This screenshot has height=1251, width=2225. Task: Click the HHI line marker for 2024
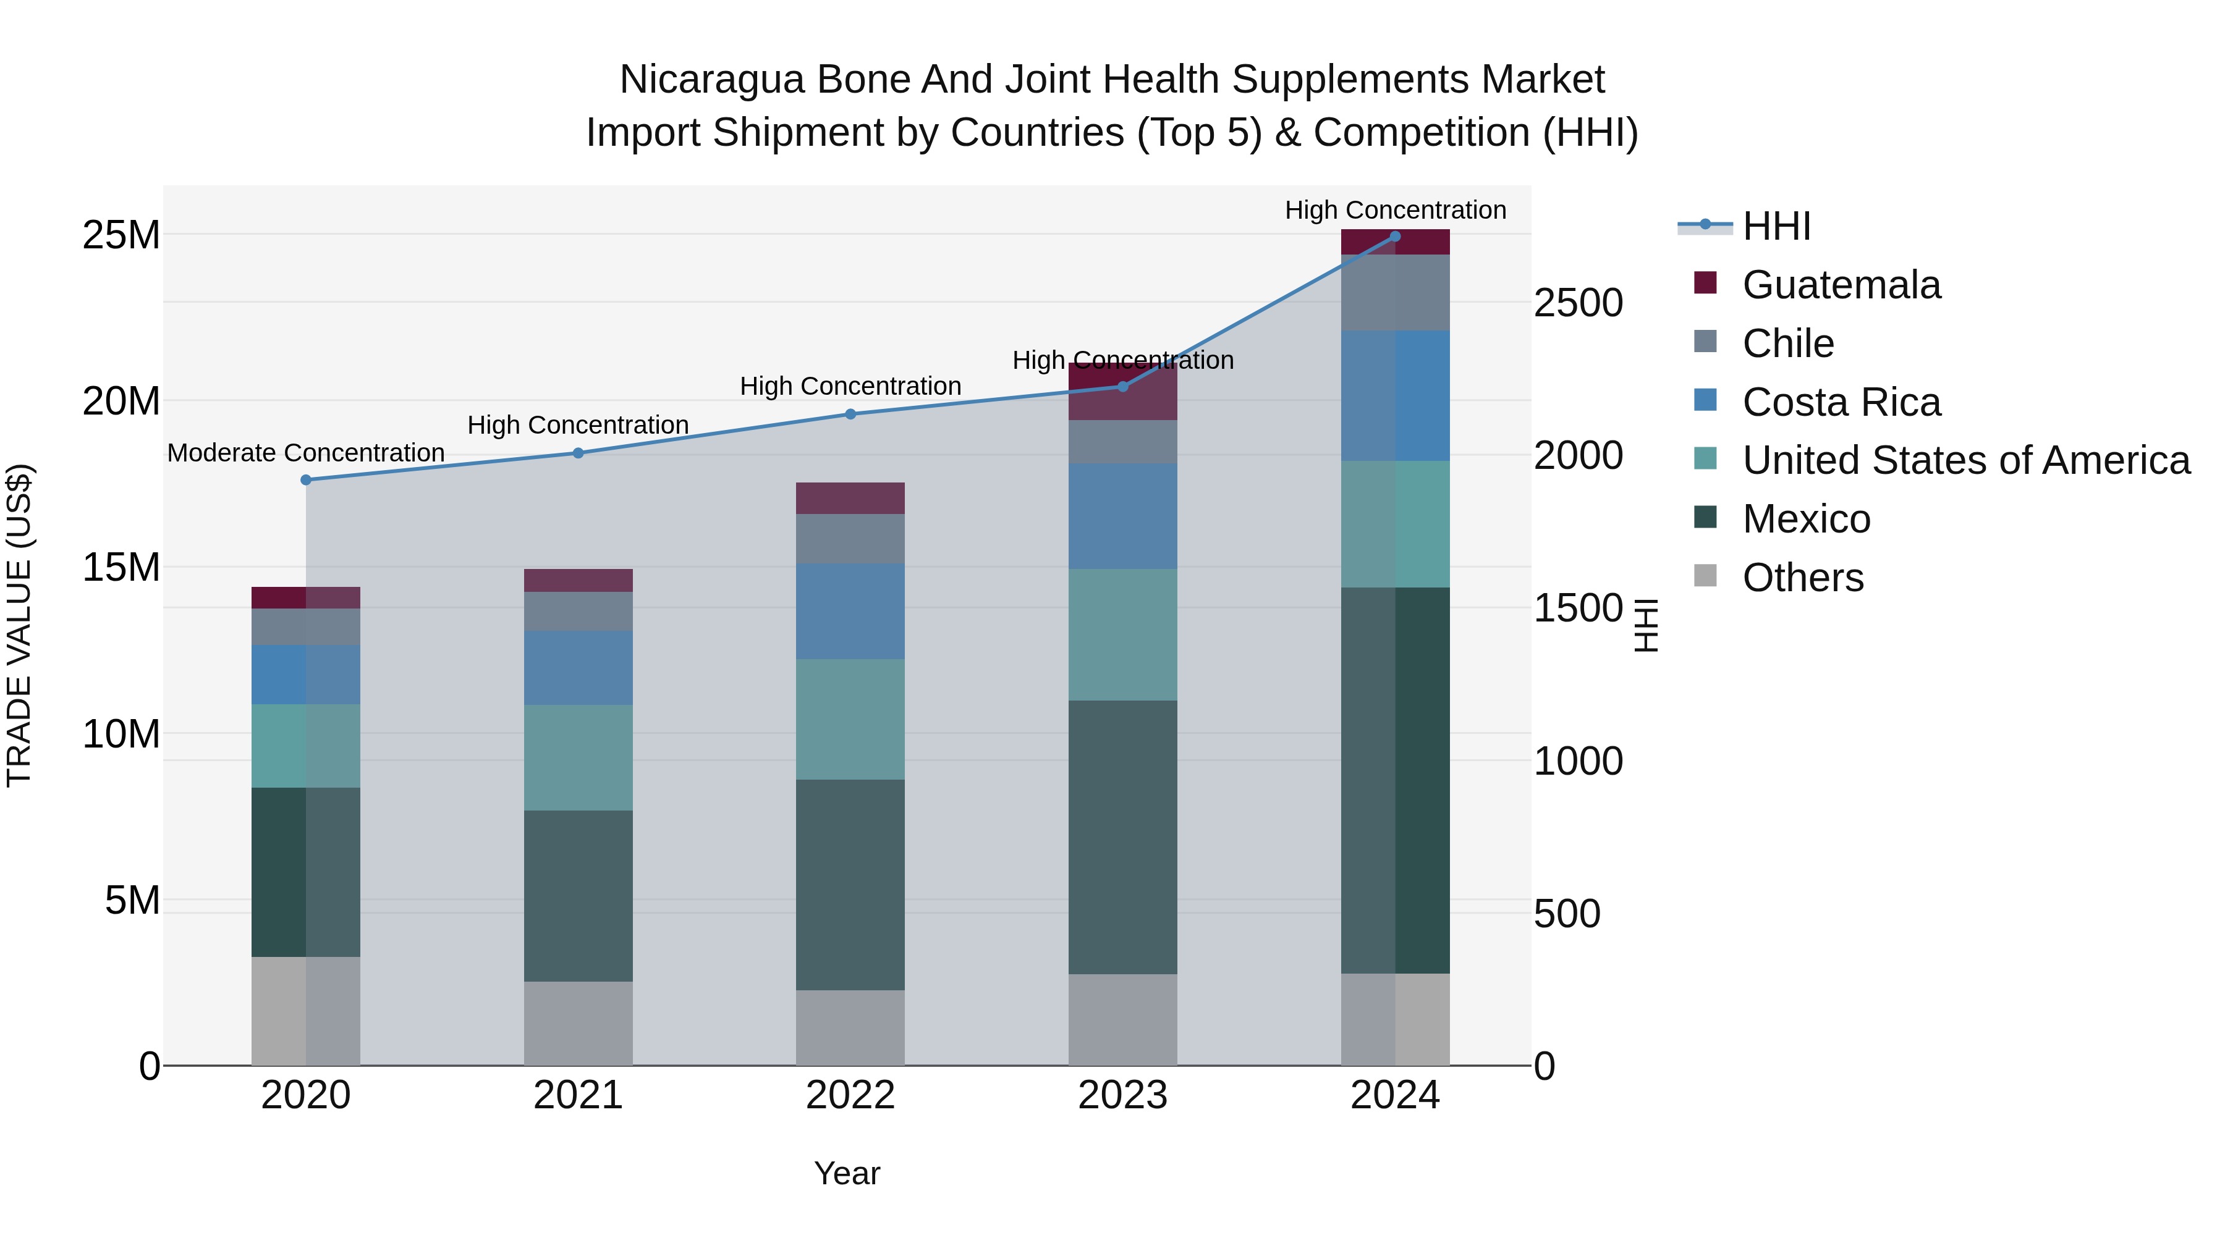(1395, 237)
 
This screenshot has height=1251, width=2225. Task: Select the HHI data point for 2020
(306, 480)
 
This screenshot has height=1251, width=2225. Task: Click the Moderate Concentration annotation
(306, 453)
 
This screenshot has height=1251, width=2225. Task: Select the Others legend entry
(1803, 578)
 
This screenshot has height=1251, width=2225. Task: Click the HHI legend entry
(1776, 226)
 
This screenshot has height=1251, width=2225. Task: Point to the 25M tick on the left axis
(121, 235)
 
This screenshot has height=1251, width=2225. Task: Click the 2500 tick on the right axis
(1578, 303)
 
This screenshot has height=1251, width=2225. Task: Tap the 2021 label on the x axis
(578, 1095)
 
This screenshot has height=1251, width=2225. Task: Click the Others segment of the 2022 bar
(850, 1027)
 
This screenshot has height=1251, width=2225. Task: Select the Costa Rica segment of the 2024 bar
(1395, 395)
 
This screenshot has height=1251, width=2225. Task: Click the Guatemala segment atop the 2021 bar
(578, 580)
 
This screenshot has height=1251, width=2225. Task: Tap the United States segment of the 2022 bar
(850, 719)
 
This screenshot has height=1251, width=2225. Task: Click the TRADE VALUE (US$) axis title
(19, 625)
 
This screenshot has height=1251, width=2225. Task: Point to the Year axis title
(847, 1173)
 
